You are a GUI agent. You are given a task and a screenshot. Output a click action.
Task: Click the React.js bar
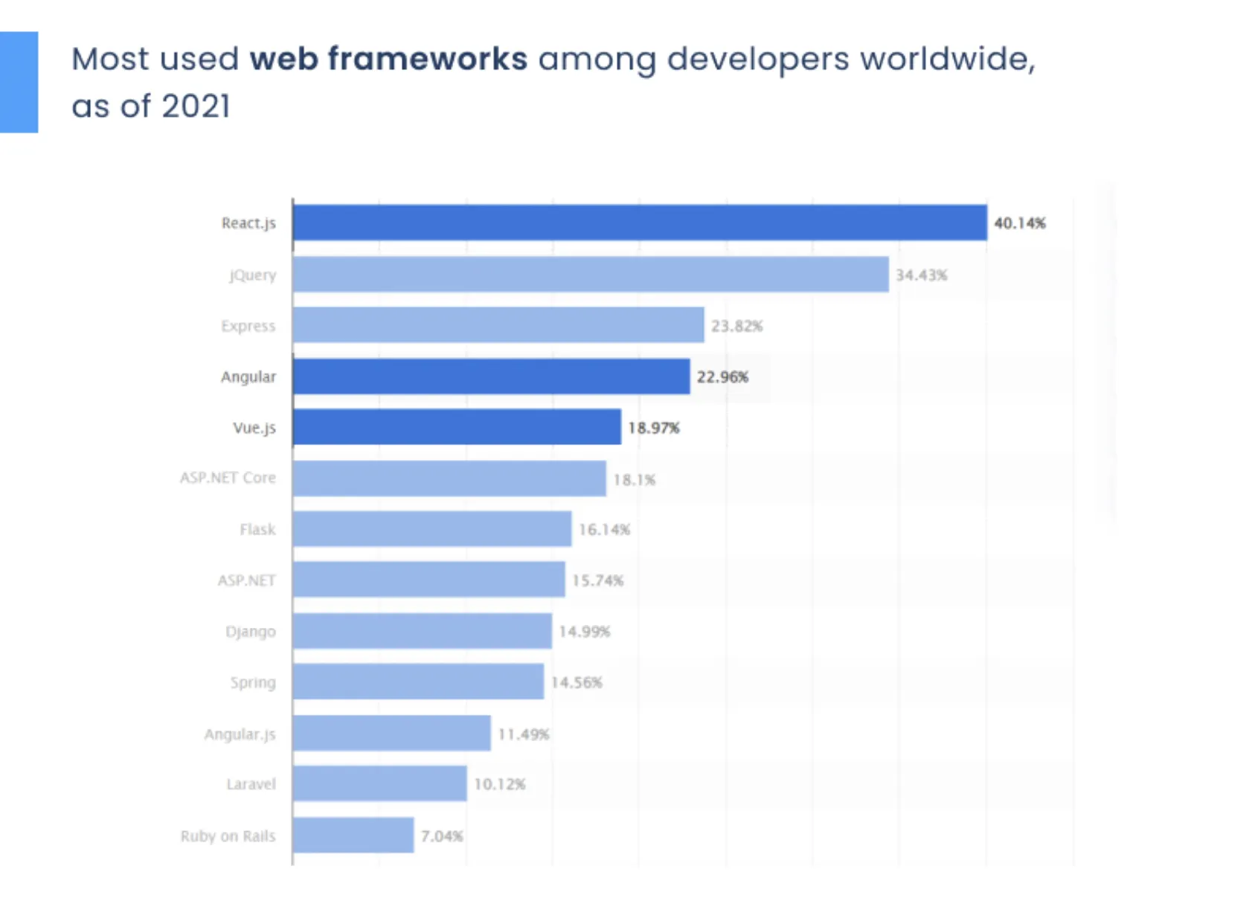[x=640, y=222]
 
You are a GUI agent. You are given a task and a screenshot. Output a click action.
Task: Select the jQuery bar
[x=590, y=275]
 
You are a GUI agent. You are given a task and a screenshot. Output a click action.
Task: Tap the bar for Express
[x=498, y=325]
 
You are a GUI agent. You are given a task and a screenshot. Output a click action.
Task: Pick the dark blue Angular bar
[x=491, y=376]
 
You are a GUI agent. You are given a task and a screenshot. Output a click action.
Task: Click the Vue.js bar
[x=457, y=427]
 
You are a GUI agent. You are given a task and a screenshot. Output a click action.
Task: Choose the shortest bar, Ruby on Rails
[x=353, y=835]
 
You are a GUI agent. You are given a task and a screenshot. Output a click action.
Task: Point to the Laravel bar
[x=379, y=783]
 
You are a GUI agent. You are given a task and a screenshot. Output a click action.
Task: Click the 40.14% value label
[x=1020, y=223]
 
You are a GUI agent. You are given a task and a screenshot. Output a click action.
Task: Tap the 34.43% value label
[x=921, y=275]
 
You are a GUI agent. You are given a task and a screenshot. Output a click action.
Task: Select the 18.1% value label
[x=634, y=480]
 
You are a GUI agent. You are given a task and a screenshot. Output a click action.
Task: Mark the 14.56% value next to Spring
[x=577, y=682]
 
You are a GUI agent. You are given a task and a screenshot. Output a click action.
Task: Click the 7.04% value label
[x=442, y=836]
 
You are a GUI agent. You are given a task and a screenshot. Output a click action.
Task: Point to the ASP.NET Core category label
[x=228, y=478]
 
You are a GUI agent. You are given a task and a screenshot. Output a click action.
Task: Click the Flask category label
[x=257, y=530]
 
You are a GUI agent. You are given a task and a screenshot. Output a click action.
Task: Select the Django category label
[x=251, y=632]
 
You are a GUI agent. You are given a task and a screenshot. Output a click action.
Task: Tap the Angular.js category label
[x=240, y=734]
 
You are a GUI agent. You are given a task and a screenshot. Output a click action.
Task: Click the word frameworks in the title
[x=427, y=59]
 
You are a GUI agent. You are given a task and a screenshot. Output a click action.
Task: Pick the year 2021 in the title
[x=196, y=106]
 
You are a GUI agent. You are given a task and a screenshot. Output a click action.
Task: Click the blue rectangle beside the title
[x=19, y=82]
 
